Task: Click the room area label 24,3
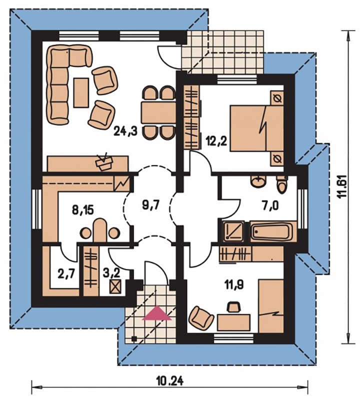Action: pos(125,131)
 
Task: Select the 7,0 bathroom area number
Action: pos(269,205)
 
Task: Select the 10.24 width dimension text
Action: pos(169,381)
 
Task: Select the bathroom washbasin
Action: pos(258,181)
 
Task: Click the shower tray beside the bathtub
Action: pos(233,231)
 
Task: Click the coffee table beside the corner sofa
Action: pos(81,92)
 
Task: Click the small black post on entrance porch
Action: pos(133,339)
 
